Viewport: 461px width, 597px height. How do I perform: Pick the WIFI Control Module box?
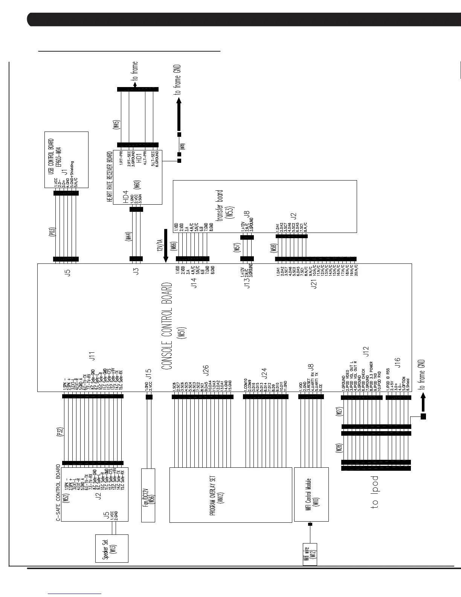point(311,494)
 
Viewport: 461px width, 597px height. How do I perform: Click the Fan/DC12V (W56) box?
point(148,495)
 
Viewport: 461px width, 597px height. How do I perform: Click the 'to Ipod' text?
point(374,493)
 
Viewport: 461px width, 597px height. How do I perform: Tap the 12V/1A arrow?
point(165,246)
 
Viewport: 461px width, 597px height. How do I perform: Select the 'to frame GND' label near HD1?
point(179,79)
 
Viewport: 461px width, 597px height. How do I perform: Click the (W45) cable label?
point(116,125)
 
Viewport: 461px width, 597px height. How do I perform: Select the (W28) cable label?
point(339,448)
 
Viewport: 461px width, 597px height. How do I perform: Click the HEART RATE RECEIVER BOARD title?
point(110,177)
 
